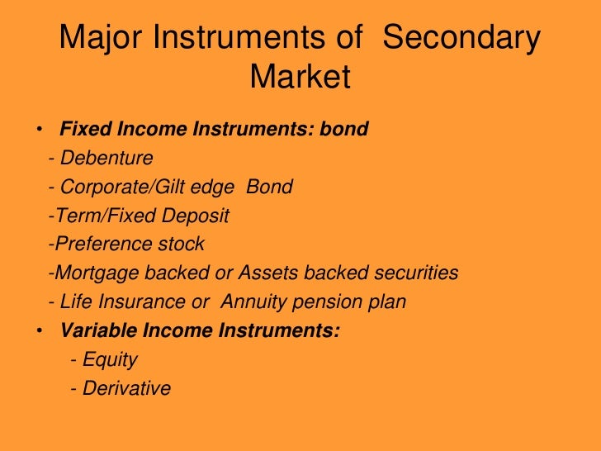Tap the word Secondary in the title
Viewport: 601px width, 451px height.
463,39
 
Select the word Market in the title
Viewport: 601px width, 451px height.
300,78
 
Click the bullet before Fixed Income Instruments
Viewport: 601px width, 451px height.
39,131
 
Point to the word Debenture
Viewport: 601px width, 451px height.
106,159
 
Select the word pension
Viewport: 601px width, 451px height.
328,302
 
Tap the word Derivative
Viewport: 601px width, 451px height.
126,389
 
